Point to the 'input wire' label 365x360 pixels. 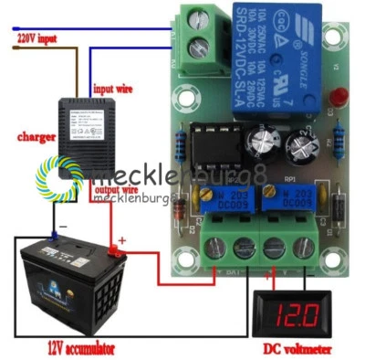pos(115,88)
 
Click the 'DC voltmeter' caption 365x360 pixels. pos(297,349)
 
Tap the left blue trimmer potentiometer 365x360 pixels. pos(219,200)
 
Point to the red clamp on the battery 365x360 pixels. pos(116,248)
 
